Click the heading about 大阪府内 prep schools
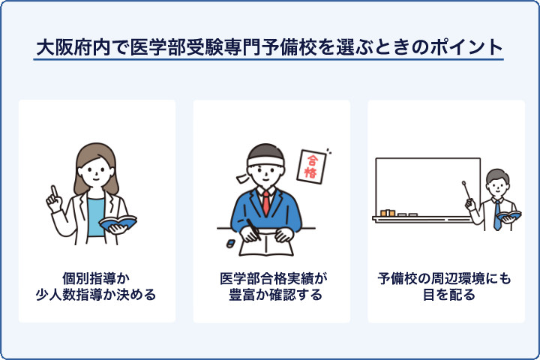pos(269,46)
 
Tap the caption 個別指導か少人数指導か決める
pos(97,286)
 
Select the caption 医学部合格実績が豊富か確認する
pos(271,286)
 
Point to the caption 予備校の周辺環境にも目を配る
pos(445,286)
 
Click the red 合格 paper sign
pos(310,166)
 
